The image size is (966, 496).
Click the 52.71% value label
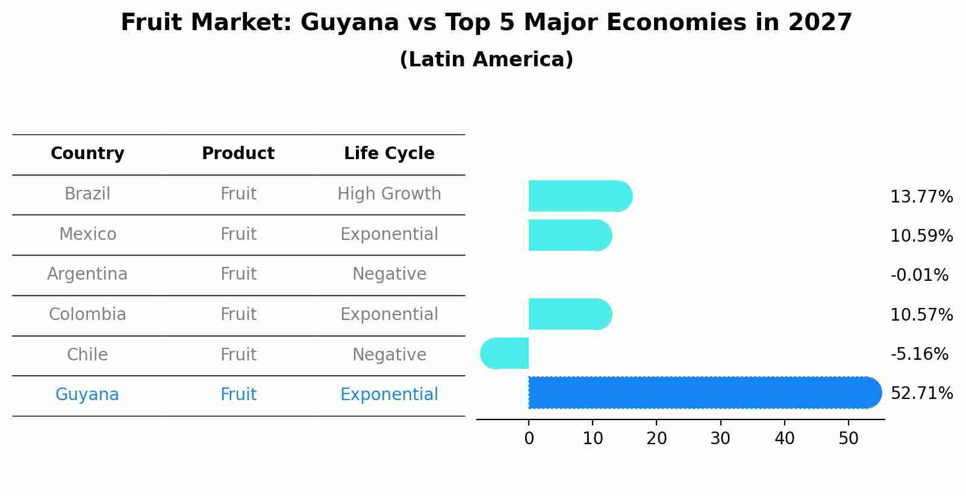point(921,394)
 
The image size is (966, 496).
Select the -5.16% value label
point(919,354)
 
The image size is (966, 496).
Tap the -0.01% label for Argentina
point(919,275)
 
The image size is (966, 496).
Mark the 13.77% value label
point(921,197)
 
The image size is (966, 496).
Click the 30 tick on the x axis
point(720,439)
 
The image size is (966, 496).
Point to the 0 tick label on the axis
point(529,439)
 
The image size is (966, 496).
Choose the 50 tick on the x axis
point(848,439)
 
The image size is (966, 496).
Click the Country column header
point(87,154)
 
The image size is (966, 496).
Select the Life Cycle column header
point(389,154)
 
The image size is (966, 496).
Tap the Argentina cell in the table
point(87,274)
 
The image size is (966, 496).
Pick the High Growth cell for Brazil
point(389,194)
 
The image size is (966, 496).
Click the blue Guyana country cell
point(87,395)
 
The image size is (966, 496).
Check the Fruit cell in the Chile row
point(238,354)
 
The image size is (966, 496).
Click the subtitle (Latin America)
point(486,60)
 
